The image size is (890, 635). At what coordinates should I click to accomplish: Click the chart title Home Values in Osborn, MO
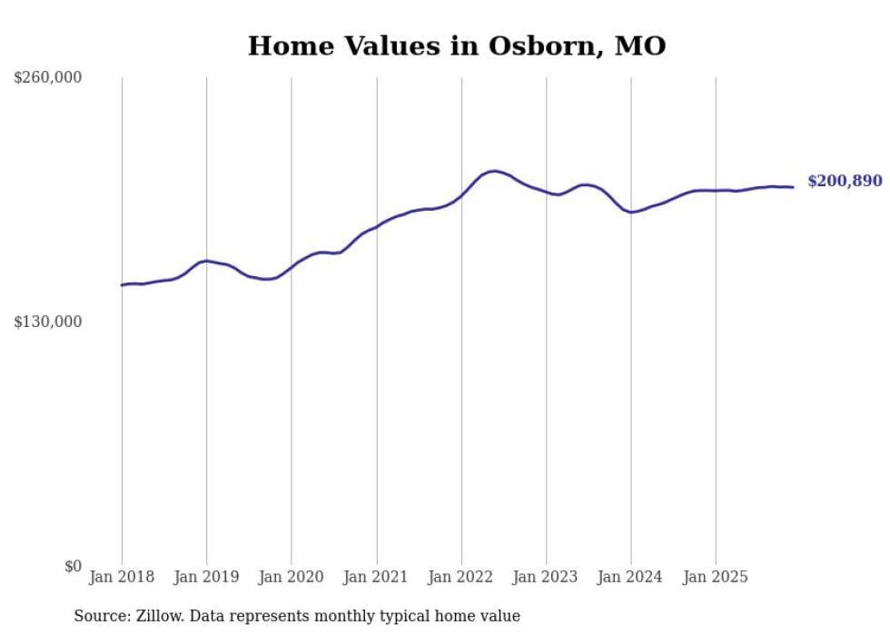(x=457, y=46)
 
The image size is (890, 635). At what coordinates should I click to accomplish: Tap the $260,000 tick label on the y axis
(x=48, y=78)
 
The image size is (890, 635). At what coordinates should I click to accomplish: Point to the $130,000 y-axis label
(x=48, y=322)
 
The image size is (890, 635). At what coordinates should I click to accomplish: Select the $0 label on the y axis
(x=73, y=566)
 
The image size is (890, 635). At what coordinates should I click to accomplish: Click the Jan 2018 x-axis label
(x=122, y=577)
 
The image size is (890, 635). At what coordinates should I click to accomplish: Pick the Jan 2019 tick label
(x=206, y=577)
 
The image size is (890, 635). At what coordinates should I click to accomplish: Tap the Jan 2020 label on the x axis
(x=292, y=577)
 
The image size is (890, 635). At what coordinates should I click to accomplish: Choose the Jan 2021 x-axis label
(x=376, y=577)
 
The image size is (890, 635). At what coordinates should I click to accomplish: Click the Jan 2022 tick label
(x=461, y=577)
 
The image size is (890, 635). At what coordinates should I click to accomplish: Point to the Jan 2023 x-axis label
(x=546, y=577)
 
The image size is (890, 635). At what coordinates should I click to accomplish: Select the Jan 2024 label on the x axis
(x=631, y=577)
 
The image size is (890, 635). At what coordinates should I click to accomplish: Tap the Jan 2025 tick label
(x=716, y=577)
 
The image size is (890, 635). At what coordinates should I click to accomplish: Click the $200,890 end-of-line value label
(x=845, y=182)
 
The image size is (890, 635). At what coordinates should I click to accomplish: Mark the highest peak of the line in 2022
(x=494, y=171)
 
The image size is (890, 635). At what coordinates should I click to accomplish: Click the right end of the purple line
(x=794, y=187)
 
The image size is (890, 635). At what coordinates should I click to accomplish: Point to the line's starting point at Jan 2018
(x=122, y=285)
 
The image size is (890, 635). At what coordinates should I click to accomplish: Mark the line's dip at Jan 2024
(x=631, y=212)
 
